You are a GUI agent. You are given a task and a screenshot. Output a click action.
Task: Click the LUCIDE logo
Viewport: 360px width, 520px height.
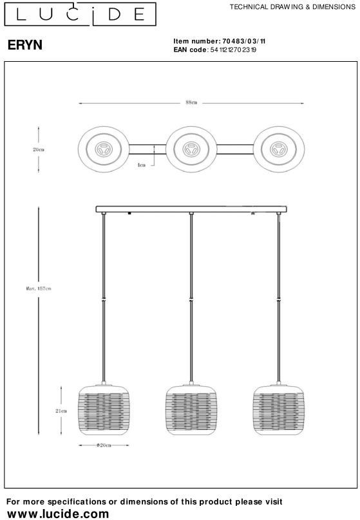[80, 14]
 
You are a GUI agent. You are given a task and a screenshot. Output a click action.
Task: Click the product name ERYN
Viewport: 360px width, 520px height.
[25, 45]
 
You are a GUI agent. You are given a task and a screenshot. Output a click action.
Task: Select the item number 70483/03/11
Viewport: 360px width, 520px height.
[244, 41]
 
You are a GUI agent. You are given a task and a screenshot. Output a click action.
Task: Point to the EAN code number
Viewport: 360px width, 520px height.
[233, 50]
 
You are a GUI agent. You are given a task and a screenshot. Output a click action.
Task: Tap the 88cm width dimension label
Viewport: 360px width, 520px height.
[191, 103]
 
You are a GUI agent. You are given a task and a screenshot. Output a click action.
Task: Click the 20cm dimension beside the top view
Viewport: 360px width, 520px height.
[39, 149]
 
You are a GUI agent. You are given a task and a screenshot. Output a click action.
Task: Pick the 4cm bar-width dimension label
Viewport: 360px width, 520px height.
[142, 165]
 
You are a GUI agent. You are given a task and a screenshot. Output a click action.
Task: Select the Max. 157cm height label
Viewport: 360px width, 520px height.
[39, 288]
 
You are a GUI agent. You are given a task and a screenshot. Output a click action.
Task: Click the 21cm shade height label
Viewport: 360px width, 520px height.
[61, 411]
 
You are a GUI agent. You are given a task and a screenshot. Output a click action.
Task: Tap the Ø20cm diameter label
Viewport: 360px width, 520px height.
[104, 445]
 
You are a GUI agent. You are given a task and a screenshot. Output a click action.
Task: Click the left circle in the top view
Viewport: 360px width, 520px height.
[104, 126]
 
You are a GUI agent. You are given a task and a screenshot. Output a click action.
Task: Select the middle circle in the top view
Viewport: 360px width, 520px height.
[191, 126]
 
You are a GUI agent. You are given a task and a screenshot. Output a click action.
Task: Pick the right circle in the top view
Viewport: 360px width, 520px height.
[279, 126]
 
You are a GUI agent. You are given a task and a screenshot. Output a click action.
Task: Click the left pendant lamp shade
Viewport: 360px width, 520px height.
[104, 410]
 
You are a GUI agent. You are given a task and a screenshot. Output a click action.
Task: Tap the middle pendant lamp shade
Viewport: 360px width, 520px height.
[191, 410]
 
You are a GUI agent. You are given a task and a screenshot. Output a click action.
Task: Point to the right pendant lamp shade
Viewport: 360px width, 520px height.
[279, 410]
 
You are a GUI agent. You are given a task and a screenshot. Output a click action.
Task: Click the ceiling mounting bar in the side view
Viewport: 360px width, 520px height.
[191, 209]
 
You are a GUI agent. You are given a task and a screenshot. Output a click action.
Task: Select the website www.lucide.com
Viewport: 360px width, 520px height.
[58, 514]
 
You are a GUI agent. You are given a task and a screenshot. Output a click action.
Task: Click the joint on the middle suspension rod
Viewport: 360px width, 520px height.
[191, 300]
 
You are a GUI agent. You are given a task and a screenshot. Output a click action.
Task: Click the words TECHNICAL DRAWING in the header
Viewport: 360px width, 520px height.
[267, 6]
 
